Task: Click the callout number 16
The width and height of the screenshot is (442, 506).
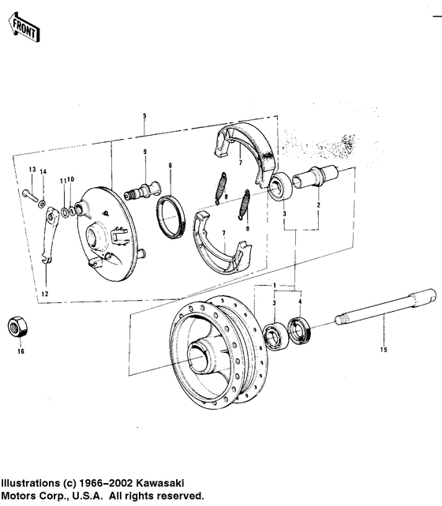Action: point(21,351)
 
